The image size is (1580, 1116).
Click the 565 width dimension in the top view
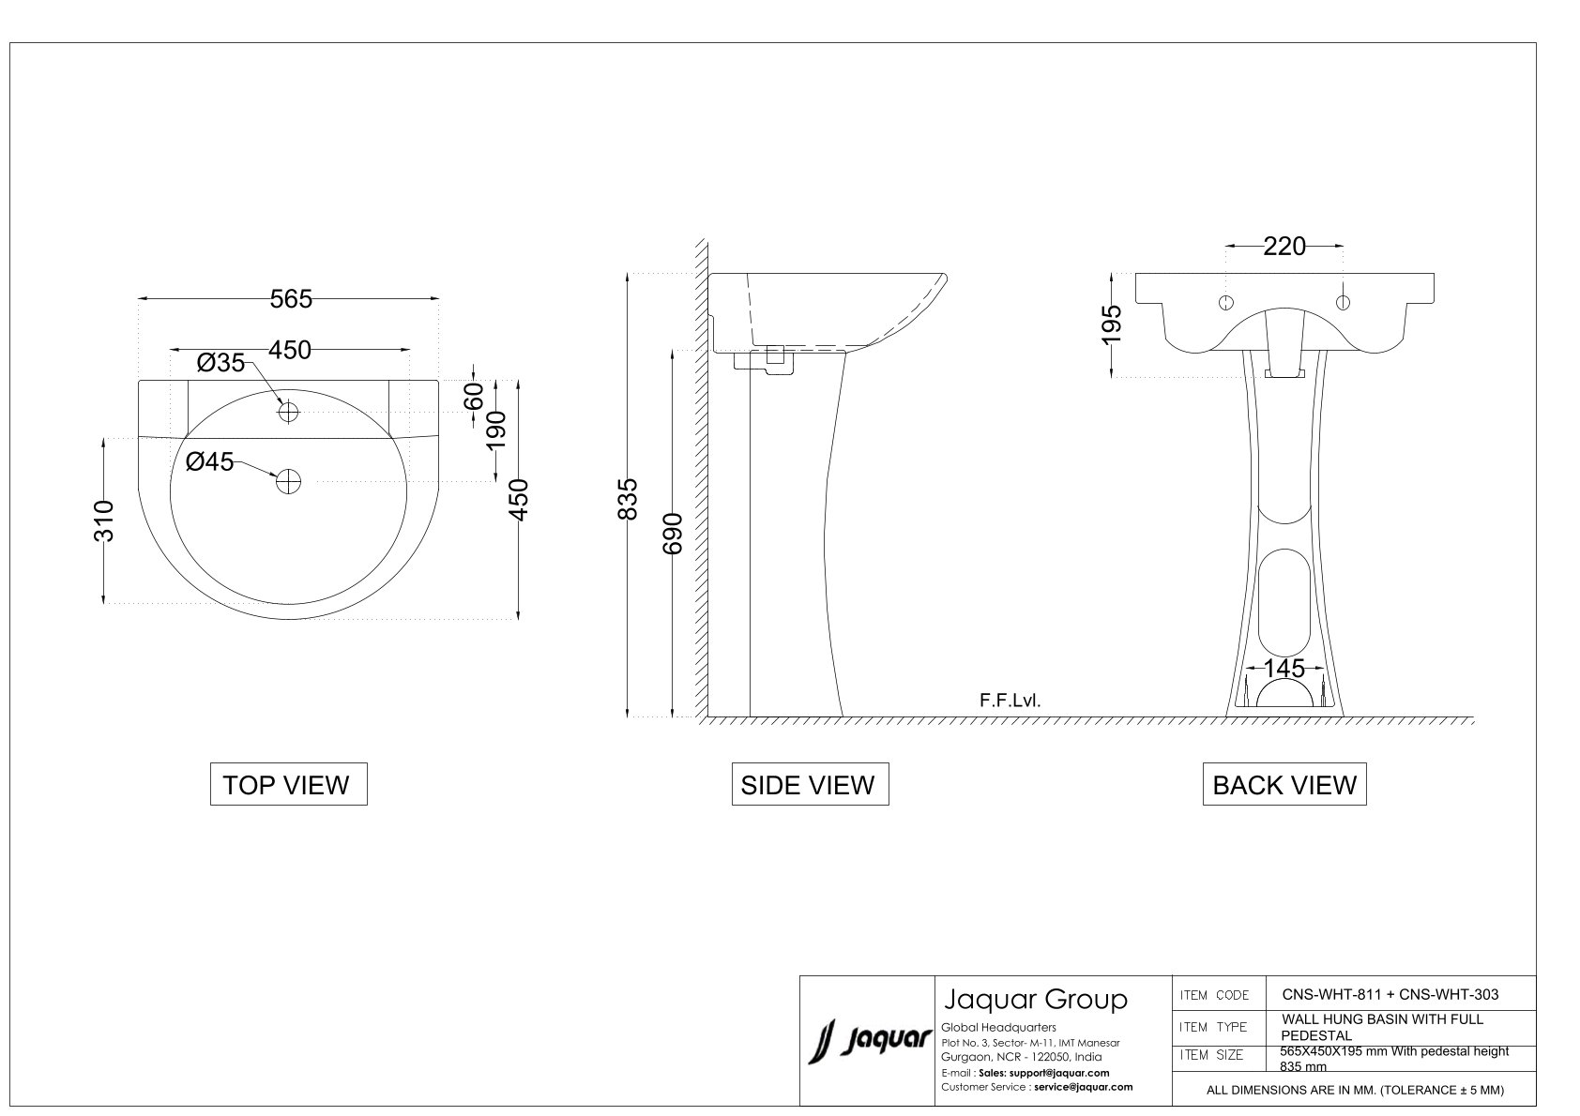tap(291, 299)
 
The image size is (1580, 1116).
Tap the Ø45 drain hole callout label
tap(209, 461)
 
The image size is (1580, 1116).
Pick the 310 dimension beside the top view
tap(104, 521)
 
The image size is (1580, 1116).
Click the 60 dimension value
tap(474, 396)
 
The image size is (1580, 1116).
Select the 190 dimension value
tap(496, 430)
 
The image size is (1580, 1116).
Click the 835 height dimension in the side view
tap(627, 499)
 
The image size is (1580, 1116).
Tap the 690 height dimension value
tap(673, 534)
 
